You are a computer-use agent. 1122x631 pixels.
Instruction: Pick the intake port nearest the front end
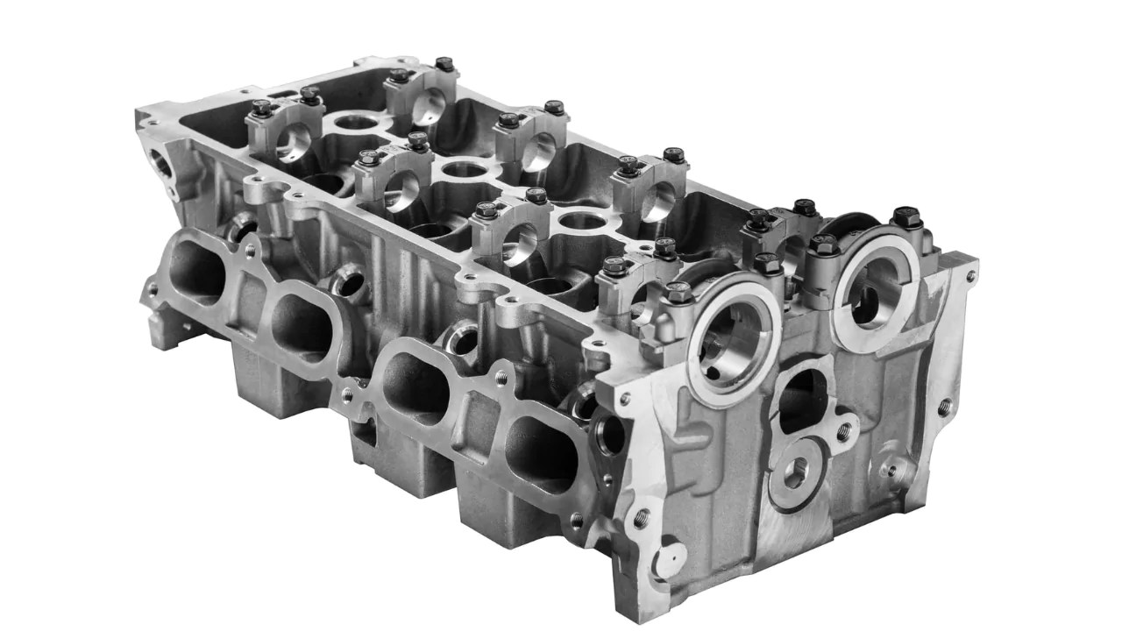point(542,453)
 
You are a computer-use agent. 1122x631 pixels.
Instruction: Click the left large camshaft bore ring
point(734,337)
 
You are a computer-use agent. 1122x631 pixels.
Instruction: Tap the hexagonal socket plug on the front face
point(796,474)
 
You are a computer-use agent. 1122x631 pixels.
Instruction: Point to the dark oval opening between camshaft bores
point(802,400)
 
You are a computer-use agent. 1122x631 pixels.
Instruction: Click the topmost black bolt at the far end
point(445,64)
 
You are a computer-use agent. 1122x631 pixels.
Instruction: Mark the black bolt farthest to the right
point(906,216)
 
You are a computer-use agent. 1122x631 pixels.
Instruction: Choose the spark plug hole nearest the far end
point(355,122)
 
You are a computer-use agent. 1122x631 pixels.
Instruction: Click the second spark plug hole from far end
point(465,169)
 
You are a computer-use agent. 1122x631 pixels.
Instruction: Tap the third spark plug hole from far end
point(582,220)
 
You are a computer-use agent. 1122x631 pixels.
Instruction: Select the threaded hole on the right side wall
point(945,407)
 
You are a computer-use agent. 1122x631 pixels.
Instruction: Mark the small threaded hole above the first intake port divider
point(250,252)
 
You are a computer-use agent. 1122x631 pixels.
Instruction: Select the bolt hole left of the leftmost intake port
point(154,287)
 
